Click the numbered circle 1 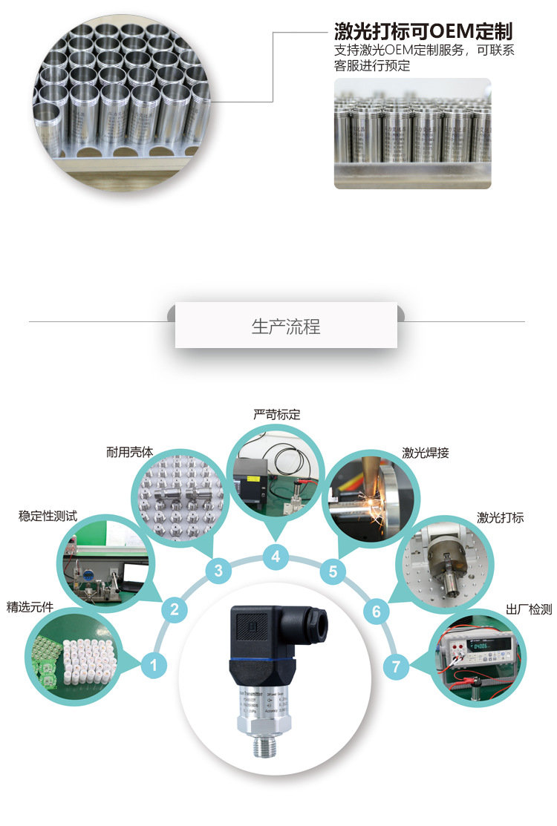click(x=153, y=665)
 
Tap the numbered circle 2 click(x=174, y=610)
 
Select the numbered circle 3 click(x=218, y=571)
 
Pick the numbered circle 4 click(x=276, y=556)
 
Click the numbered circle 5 click(x=333, y=571)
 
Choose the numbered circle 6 click(x=377, y=611)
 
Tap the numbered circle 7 click(x=397, y=666)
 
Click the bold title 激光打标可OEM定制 click(x=423, y=31)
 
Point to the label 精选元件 click(x=30, y=606)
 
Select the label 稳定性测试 click(x=48, y=516)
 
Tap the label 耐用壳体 click(x=129, y=451)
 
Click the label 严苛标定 click(x=276, y=415)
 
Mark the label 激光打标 click(x=500, y=517)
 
